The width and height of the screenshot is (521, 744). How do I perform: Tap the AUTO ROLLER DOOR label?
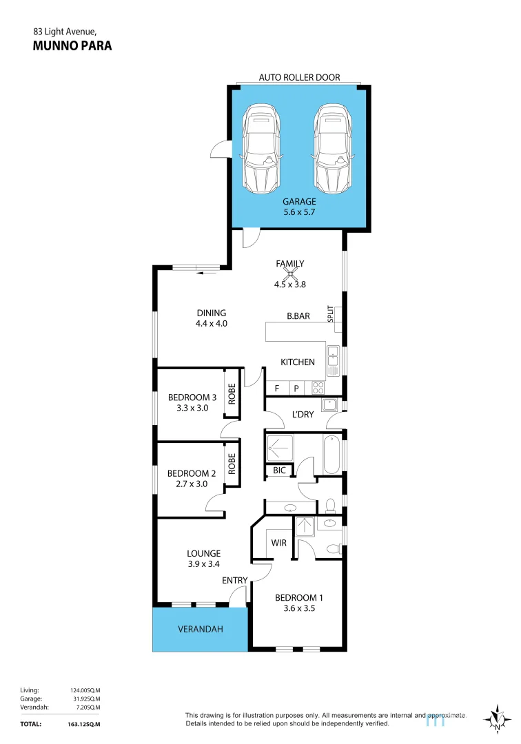[299, 78]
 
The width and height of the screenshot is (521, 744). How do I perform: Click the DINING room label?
[210, 313]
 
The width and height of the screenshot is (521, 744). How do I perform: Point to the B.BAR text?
[298, 317]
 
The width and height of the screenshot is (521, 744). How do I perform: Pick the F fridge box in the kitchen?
[277, 388]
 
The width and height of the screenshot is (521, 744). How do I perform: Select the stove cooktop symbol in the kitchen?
[318, 388]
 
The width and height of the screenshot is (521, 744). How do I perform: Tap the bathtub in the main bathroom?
[331, 455]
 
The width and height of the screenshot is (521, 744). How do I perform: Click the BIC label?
[278, 471]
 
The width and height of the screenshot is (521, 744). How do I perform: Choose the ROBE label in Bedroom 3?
[232, 393]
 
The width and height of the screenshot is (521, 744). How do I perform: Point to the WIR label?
[278, 543]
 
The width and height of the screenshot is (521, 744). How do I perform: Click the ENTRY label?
[234, 581]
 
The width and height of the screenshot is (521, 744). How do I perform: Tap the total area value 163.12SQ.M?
[85, 724]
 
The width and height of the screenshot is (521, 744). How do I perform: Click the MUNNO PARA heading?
[72, 46]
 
